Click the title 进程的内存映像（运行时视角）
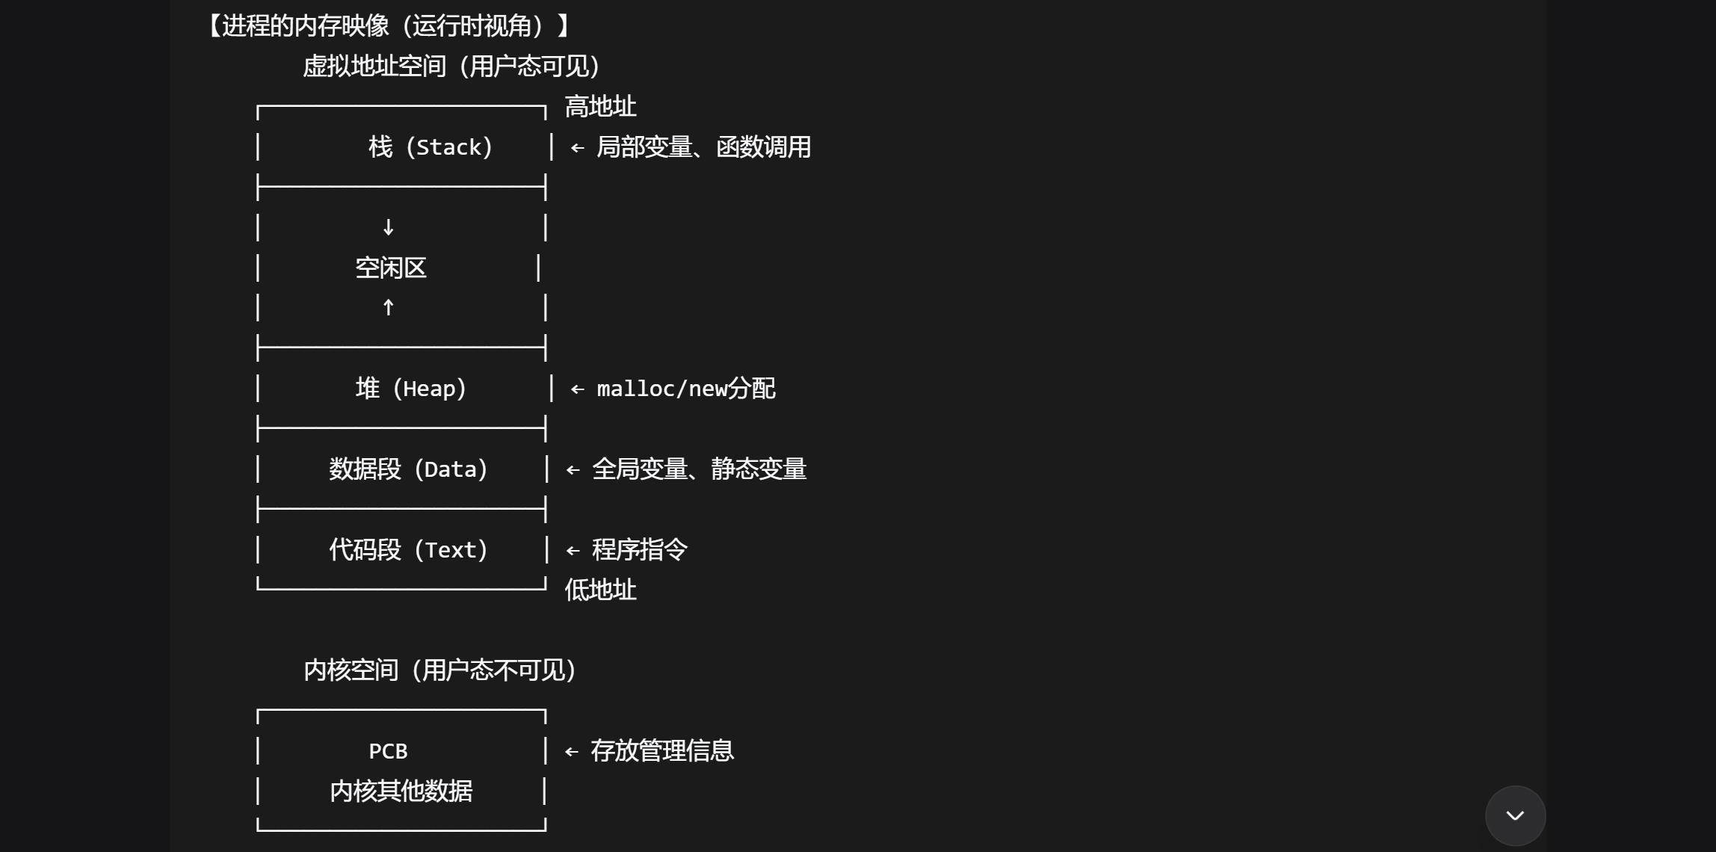click(x=389, y=26)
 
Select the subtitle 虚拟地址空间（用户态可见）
click(x=451, y=67)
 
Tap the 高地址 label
click(x=600, y=107)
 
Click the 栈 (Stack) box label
click(x=430, y=147)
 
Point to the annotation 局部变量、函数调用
click(x=703, y=147)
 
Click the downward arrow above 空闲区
click(x=388, y=227)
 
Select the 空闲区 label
click(x=390, y=268)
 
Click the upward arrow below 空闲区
click(x=388, y=307)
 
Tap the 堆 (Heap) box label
click(x=411, y=389)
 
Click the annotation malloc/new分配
click(x=685, y=389)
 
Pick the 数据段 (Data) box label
click(x=408, y=469)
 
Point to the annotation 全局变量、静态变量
click(x=699, y=469)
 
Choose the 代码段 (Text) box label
click(x=408, y=550)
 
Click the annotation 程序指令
click(x=639, y=550)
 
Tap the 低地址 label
click(x=600, y=590)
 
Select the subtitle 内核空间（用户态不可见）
click(x=439, y=670)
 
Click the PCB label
click(x=388, y=751)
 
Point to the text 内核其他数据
click(x=401, y=791)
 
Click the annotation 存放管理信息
click(x=662, y=751)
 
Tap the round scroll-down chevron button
click(x=1515, y=815)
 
